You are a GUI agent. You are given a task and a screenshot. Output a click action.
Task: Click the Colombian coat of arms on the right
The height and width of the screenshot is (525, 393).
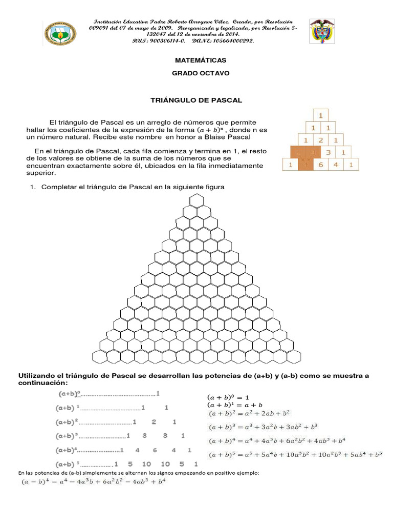point(323,32)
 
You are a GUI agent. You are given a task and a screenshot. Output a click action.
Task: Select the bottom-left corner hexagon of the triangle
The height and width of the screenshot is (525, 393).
point(98,356)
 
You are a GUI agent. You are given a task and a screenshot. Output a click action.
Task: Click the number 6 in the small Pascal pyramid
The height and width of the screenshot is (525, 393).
point(320,165)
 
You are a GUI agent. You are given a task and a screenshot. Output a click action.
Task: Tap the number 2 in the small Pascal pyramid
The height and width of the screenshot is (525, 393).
point(320,139)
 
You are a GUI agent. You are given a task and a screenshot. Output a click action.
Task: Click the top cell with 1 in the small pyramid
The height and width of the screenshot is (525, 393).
point(320,115)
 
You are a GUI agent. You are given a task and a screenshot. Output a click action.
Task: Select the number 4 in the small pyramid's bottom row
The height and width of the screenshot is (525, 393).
point(336,165)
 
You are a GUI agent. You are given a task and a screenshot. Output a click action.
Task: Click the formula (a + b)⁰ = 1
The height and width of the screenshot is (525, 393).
point(228,397)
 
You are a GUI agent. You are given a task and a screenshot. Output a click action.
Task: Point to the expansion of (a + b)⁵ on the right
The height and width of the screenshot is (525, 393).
point(295,454)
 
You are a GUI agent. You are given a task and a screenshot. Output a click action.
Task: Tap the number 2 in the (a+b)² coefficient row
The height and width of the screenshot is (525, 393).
point(154,422)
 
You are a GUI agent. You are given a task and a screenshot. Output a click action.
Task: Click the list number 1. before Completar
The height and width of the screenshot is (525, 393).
point(33,187)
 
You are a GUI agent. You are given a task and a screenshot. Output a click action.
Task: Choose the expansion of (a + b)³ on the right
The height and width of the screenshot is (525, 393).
point(263,426)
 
